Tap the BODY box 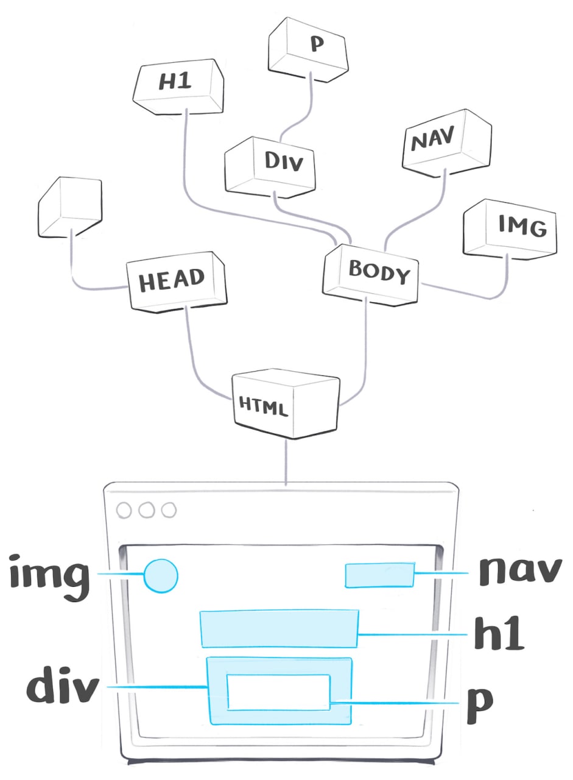371,274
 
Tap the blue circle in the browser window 161,576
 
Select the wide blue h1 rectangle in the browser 279,628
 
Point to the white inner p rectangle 278,692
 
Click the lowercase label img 51,576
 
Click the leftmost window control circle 124,510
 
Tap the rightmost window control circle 169,510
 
